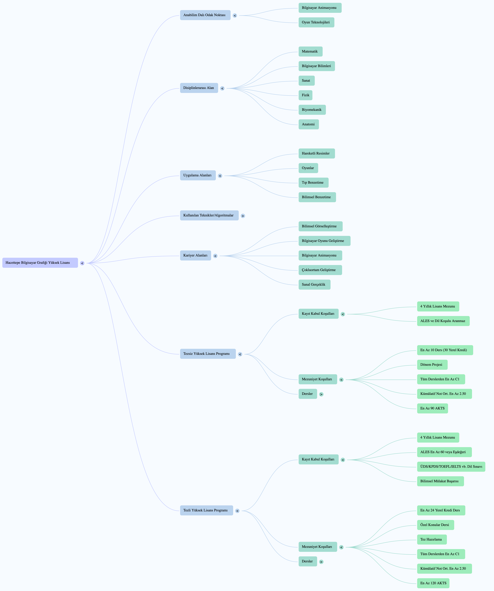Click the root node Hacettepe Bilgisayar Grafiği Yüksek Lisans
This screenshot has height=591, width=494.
pos(40,263)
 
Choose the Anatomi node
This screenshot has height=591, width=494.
pos(309,124)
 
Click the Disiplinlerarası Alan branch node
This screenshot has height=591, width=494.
pos(199,88)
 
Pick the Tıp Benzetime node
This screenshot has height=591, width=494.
pos(313,183)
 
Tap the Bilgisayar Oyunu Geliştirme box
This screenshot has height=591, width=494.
pos(324,241)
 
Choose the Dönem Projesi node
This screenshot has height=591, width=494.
pos(432,365)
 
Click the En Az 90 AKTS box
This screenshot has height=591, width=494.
pos(433,408)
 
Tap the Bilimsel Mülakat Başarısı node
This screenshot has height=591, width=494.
pos(440,481)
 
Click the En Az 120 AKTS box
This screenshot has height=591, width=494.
pos(433,583)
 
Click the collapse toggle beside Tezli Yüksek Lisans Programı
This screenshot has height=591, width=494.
pos(237,511)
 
